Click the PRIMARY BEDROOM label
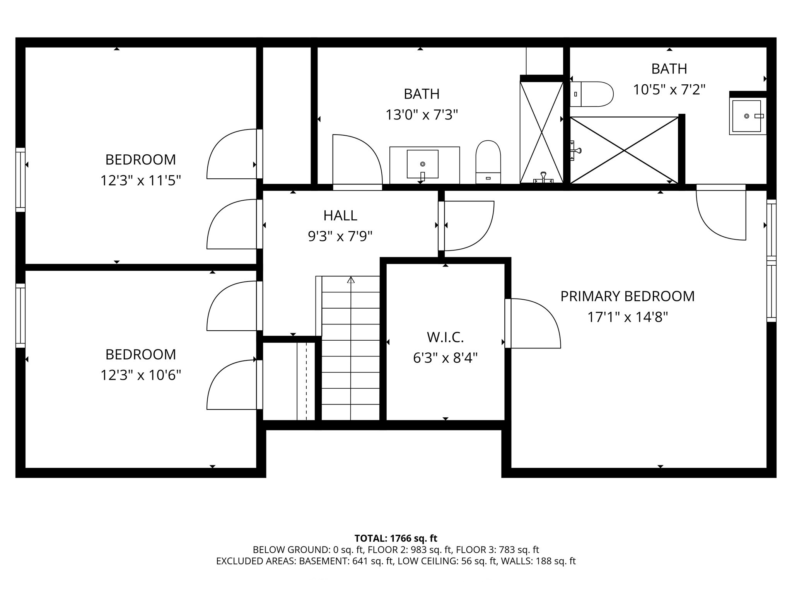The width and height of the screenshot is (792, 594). click(627, 296)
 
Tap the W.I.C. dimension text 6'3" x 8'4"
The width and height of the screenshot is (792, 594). click(445, 358)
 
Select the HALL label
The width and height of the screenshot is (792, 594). click(340, 215)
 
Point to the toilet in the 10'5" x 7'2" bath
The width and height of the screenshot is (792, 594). click(592, 94)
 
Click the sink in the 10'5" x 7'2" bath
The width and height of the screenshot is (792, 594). click(747, 116)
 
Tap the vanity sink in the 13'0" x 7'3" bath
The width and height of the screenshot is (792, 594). click(422, 164)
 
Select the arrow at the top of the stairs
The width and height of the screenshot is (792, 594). click(351, 280)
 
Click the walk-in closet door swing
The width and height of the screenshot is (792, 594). click(534, 323)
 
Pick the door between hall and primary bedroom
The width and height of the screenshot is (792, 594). click(469, 225)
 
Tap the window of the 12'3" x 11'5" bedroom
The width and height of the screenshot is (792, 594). click(20, 180)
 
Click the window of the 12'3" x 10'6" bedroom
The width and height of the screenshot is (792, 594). click(20, 316)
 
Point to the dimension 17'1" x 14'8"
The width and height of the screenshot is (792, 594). click(627, 317)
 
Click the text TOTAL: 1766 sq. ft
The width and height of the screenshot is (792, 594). click(396, 538)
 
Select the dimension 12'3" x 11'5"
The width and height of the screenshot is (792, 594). click(141, 181)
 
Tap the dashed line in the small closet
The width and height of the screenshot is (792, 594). click(306, 381)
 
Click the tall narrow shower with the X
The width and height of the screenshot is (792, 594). click(541, 131)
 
